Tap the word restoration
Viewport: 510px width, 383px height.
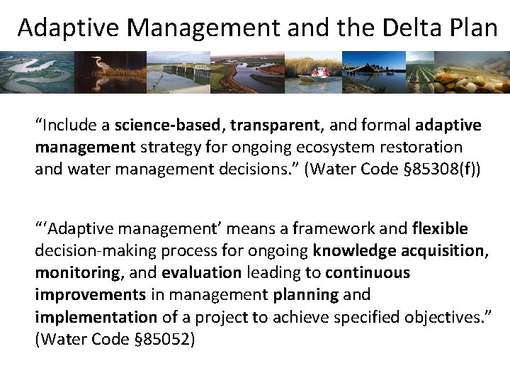pyautogui.click(x=422, y=148)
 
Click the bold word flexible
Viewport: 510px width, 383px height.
pyautogui.click(x=440, y=228)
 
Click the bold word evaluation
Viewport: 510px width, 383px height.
pyautogui.click(x=201, y=272)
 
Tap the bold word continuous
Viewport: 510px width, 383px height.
pyautogui.click(x=368, y=272)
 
